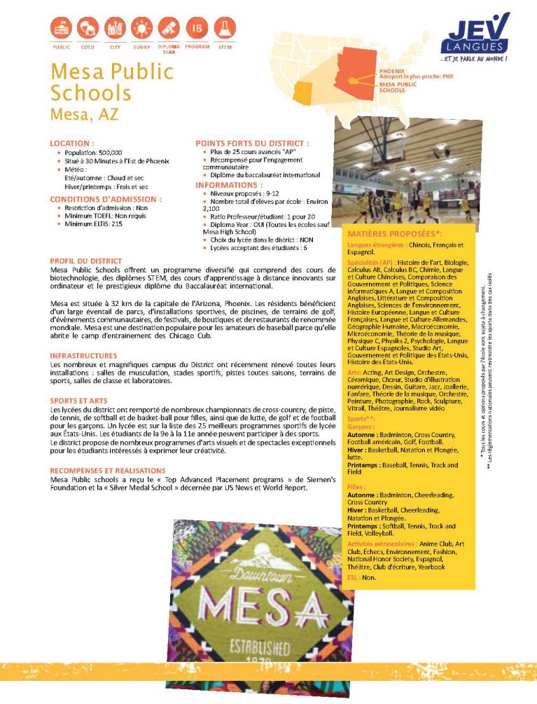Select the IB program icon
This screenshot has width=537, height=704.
click(198, 29)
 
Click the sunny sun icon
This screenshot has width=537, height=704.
click(142, 29)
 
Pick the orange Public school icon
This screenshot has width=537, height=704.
click(61, 29)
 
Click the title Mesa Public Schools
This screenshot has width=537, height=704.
click(111, 82)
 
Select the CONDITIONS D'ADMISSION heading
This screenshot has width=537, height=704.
click(106, 199)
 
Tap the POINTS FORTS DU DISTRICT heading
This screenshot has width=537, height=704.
click(251, 143)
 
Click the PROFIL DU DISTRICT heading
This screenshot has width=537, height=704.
click(85, 261)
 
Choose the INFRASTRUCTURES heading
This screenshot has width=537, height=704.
click(78, 356)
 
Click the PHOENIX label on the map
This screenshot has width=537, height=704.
click(391, 71)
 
